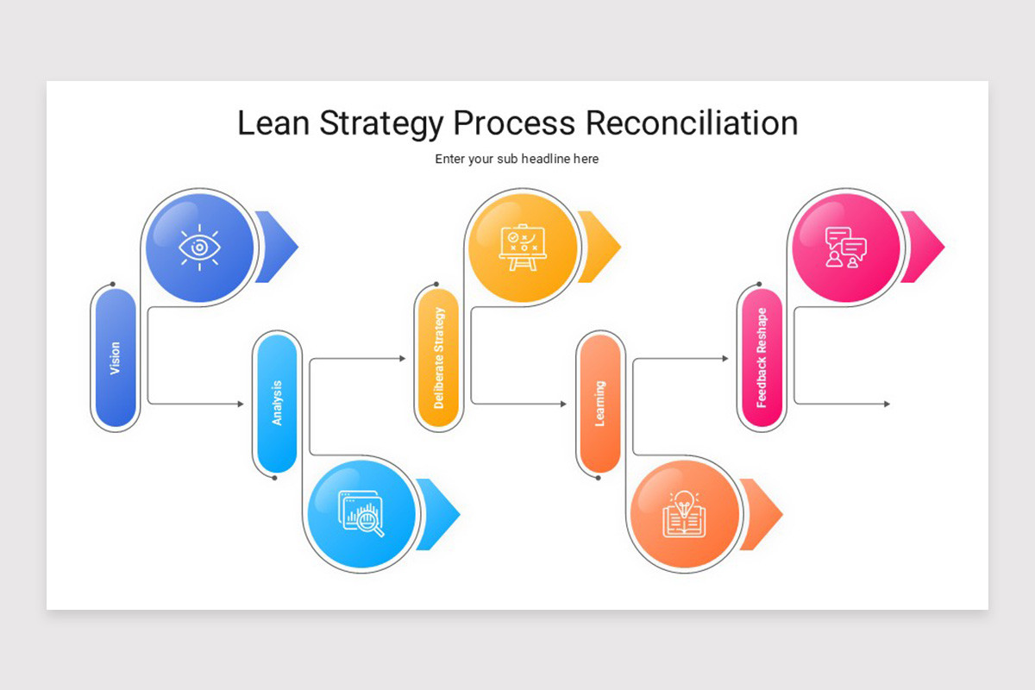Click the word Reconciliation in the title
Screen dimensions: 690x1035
pos(691,123)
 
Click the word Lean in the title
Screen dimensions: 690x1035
pos(273,123)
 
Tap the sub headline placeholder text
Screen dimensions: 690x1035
pos(517,159)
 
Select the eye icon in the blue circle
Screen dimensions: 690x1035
pos(199,248)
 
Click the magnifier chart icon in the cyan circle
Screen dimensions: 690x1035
pos(362,514)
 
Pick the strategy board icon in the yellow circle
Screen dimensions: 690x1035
pos(523,248)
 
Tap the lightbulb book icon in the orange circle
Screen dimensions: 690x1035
pos(684,514)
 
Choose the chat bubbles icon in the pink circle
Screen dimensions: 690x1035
pos(845,248)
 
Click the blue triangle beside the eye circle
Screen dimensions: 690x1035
pos(279,247)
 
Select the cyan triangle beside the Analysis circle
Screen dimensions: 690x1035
pos(440,514)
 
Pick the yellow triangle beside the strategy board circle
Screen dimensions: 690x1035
pos(601,247)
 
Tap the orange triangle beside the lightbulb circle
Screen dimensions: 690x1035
pos(762,514)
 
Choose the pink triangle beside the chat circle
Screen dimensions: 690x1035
pos(925,247)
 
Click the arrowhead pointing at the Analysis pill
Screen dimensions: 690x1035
pos(241,404)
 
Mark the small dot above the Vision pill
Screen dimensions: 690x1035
pos(112,284)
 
